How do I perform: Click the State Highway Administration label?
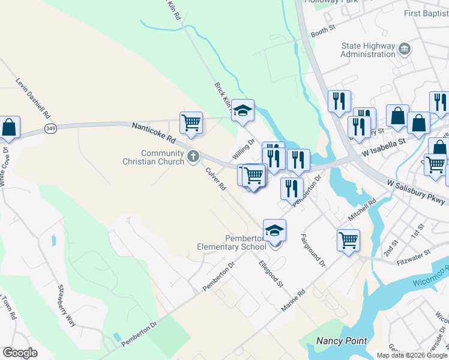click(368, 50)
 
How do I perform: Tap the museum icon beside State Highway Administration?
click(405, 48)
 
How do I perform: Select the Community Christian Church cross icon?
click(193, 157)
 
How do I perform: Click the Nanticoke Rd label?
click(153, 133)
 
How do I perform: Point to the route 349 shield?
click(51, 129)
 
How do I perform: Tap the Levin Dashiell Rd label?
click(34, 98)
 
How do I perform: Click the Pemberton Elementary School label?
click(232, 242)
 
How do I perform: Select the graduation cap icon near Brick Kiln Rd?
click(243, 110)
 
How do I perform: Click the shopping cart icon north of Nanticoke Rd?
click(191, 122)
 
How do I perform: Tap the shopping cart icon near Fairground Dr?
click(348, 240)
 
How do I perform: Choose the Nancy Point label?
click(342, 341)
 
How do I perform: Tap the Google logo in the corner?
click(20, 353)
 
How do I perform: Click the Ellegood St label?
click(271, 273)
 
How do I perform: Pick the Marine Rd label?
click(294, 301)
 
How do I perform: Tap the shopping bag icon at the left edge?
click(9, 127)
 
